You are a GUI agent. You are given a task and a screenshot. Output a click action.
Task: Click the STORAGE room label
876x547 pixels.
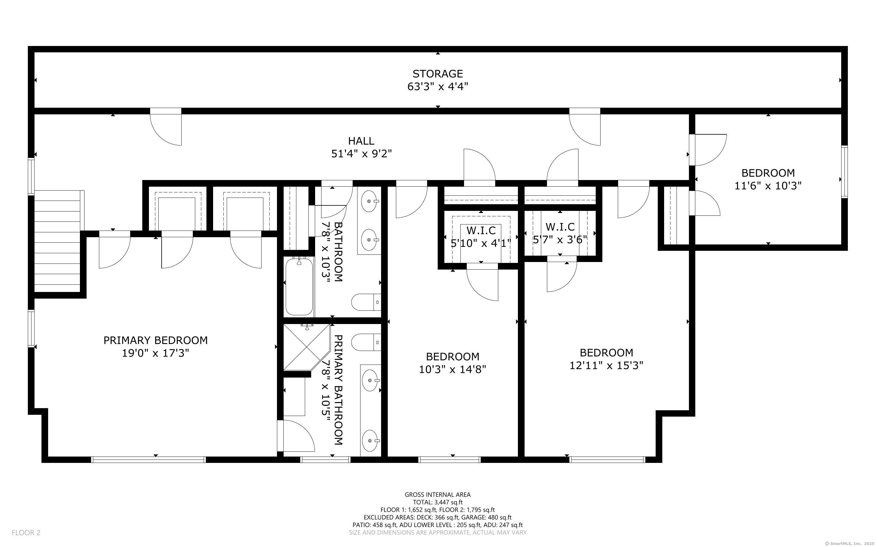437,74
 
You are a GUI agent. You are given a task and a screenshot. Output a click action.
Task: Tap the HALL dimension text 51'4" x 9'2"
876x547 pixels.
361,154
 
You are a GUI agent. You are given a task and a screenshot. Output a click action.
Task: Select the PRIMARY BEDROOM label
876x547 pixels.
156,340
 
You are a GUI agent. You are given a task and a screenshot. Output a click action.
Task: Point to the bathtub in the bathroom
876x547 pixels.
299,286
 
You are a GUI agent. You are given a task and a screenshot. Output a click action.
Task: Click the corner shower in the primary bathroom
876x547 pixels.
306,347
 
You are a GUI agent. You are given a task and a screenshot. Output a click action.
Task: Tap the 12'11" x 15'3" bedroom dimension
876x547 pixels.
606,366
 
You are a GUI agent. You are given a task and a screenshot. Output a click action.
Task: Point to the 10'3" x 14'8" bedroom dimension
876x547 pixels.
453,369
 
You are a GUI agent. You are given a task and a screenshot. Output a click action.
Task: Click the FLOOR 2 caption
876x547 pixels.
26,532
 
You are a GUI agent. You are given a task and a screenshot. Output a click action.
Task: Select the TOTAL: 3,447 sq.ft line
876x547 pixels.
438,502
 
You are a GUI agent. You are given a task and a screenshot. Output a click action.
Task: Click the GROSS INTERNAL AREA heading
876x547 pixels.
438,495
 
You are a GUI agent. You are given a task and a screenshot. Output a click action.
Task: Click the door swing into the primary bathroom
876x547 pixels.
296,436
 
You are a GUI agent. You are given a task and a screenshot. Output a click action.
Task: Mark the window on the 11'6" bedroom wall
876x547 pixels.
845,172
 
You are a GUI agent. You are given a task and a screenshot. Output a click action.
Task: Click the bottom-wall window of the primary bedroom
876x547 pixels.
148,460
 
